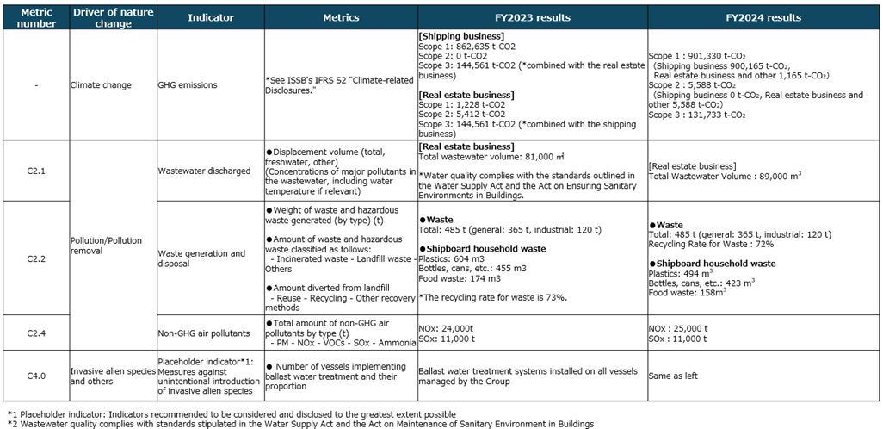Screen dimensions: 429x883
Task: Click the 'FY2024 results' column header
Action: pos(763,17)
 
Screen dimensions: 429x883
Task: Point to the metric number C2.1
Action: pos(36,171)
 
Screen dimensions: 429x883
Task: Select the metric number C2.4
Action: pos(36,331)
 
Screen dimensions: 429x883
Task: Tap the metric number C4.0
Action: pos(36,372)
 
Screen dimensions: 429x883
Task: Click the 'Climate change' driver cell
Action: pos(102,84)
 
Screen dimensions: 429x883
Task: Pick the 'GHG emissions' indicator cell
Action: pos(188,84)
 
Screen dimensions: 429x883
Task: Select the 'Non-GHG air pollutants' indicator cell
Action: pos(203,331)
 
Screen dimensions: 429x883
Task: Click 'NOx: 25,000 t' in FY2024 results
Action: pos(678,326)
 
